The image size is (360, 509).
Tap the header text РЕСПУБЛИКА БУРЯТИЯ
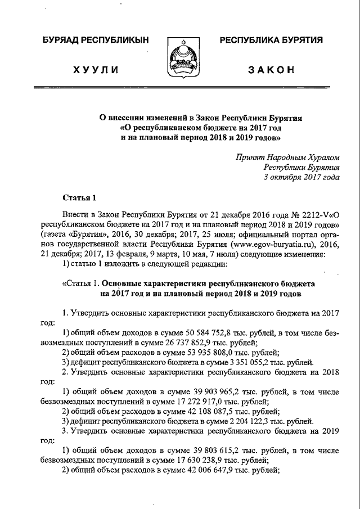[271, 40]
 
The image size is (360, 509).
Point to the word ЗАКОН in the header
[271, 70]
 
